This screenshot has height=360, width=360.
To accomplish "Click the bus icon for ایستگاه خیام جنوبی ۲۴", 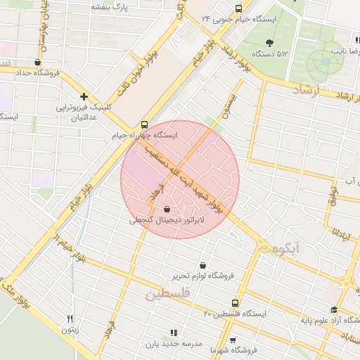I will coord(239,9).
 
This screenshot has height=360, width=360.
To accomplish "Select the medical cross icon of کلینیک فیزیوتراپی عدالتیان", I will coord(84,96).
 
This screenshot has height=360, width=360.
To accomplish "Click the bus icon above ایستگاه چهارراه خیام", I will coord(144,122).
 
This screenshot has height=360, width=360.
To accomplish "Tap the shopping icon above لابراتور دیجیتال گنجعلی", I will coord(167,209).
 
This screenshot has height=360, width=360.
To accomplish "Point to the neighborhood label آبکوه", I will coord(279,247).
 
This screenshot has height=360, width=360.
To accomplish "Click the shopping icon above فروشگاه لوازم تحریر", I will coord(203,266).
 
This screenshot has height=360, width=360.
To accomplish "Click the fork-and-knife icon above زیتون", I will coord(70,319).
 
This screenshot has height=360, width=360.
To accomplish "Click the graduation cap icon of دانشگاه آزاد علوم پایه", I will coord(333,310).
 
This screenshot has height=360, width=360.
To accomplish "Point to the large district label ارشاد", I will coord(305,90).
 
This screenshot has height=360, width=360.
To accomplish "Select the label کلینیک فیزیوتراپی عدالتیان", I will coord(84,112).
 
